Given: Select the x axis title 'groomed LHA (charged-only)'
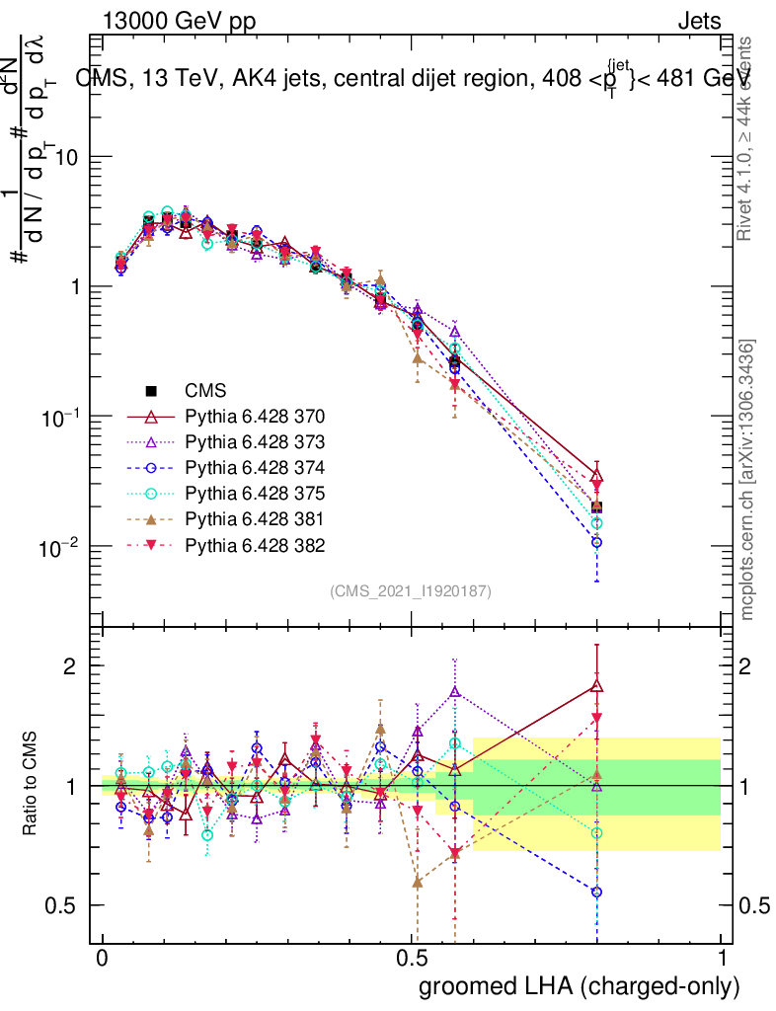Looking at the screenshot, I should pyautogui.click(x=581, y=986).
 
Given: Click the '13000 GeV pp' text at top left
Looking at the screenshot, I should pyautogui.click(x=174, y=22).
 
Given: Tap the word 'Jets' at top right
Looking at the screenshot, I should pyautogui.click(x=700, y=22).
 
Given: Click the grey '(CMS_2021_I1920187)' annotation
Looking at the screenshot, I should pyautogui.click(x=411, y=591).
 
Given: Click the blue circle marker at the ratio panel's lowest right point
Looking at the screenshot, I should pyautogui.click(x=596, y=892).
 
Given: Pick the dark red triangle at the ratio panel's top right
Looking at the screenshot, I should pyautogui.click(x=596, y=685).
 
